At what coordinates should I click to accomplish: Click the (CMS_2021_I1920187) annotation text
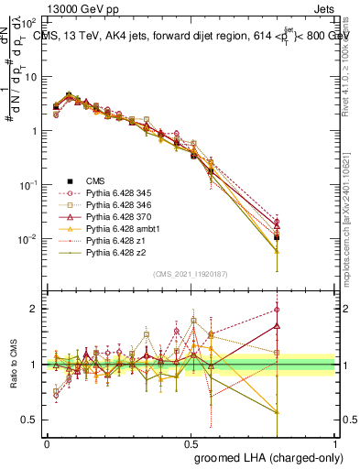tap(191, 274)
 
